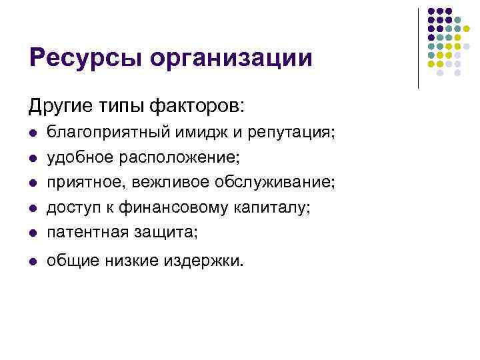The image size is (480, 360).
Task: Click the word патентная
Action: [x=83, y=232]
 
